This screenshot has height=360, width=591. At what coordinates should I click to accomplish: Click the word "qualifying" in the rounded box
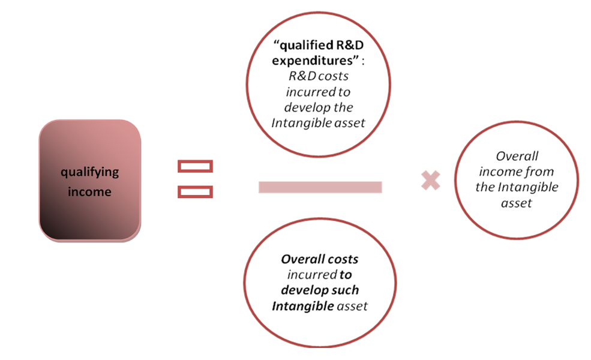(90, 173)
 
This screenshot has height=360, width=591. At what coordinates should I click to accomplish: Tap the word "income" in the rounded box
(90, 192)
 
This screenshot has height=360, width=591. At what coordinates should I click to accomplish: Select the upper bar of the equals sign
(195, 166)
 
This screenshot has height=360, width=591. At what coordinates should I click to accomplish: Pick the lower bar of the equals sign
(195, 192)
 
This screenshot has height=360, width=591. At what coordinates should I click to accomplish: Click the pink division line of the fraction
(320, 187)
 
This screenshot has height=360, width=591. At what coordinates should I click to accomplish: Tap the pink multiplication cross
(430, 180)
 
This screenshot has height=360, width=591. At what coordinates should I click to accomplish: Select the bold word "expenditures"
(312, 61)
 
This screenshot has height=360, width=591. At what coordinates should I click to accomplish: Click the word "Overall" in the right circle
(517, 156)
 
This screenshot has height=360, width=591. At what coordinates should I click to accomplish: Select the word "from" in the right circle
(540, 172)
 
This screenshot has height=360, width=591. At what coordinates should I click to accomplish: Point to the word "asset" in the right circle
(517, 203)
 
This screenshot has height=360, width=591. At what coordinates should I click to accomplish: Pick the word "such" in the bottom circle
(346, 290)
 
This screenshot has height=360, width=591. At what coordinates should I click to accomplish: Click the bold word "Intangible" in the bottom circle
(303, 306)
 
